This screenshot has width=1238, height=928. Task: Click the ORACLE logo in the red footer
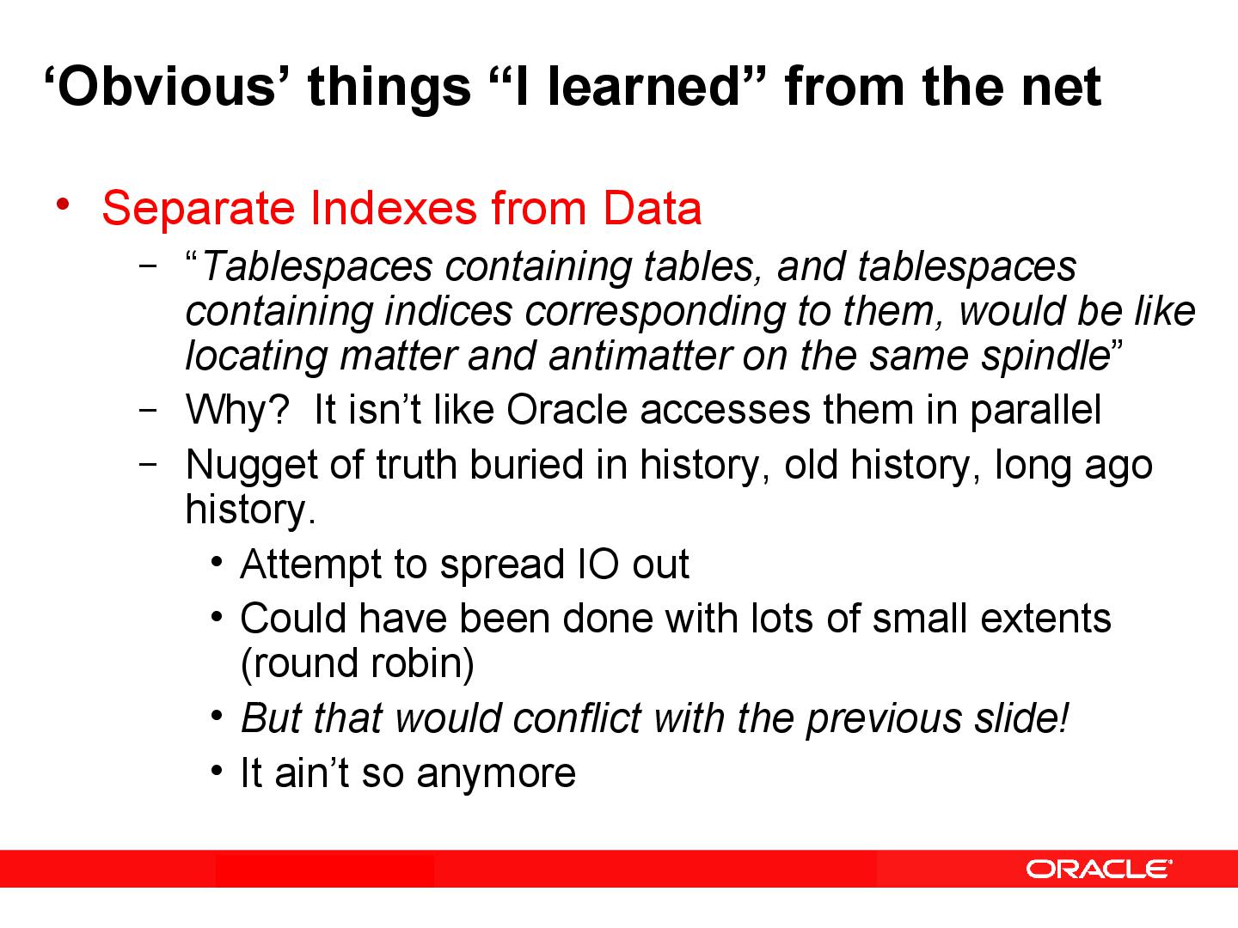[x=1098, y=869]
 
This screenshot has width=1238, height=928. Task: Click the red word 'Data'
[x=652, y=208]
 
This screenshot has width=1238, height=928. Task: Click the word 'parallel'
[x=1035, y=412]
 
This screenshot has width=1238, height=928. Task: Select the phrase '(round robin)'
[x=358, y=663]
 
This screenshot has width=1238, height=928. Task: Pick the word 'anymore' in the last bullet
[x=496, y=772]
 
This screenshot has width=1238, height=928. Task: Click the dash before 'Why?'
[x=147, y=410]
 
